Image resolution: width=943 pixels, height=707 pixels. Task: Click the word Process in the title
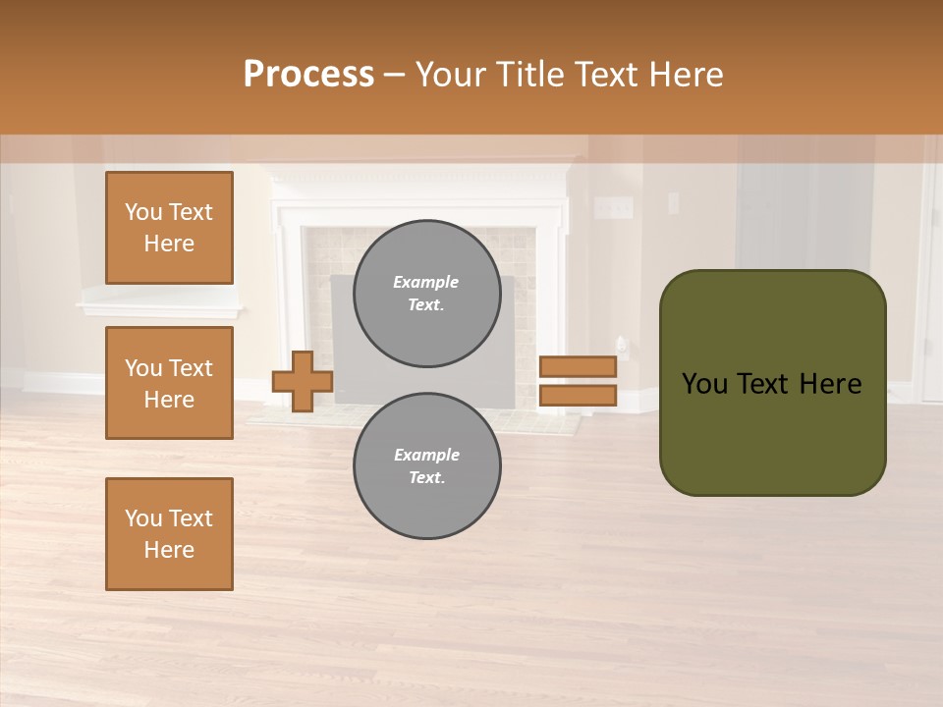coord(308,75)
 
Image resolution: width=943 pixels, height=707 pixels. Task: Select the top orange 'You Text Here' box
coord(169,228)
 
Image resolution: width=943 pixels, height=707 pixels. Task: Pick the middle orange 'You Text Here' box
coord(169,383)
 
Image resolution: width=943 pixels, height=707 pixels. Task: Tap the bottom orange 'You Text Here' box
coord(169,534)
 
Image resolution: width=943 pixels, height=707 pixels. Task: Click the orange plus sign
coord(303,381)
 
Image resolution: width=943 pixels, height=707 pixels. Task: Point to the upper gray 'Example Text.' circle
coord(427,294)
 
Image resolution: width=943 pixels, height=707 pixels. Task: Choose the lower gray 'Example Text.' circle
coord(427,466)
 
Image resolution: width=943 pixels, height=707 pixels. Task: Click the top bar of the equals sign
coord(578,366)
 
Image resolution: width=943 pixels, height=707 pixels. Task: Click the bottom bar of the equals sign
coord(578,395)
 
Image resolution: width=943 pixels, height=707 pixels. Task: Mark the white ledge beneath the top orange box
coord(157,307)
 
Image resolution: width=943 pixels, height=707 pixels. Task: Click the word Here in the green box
coord(830,384)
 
